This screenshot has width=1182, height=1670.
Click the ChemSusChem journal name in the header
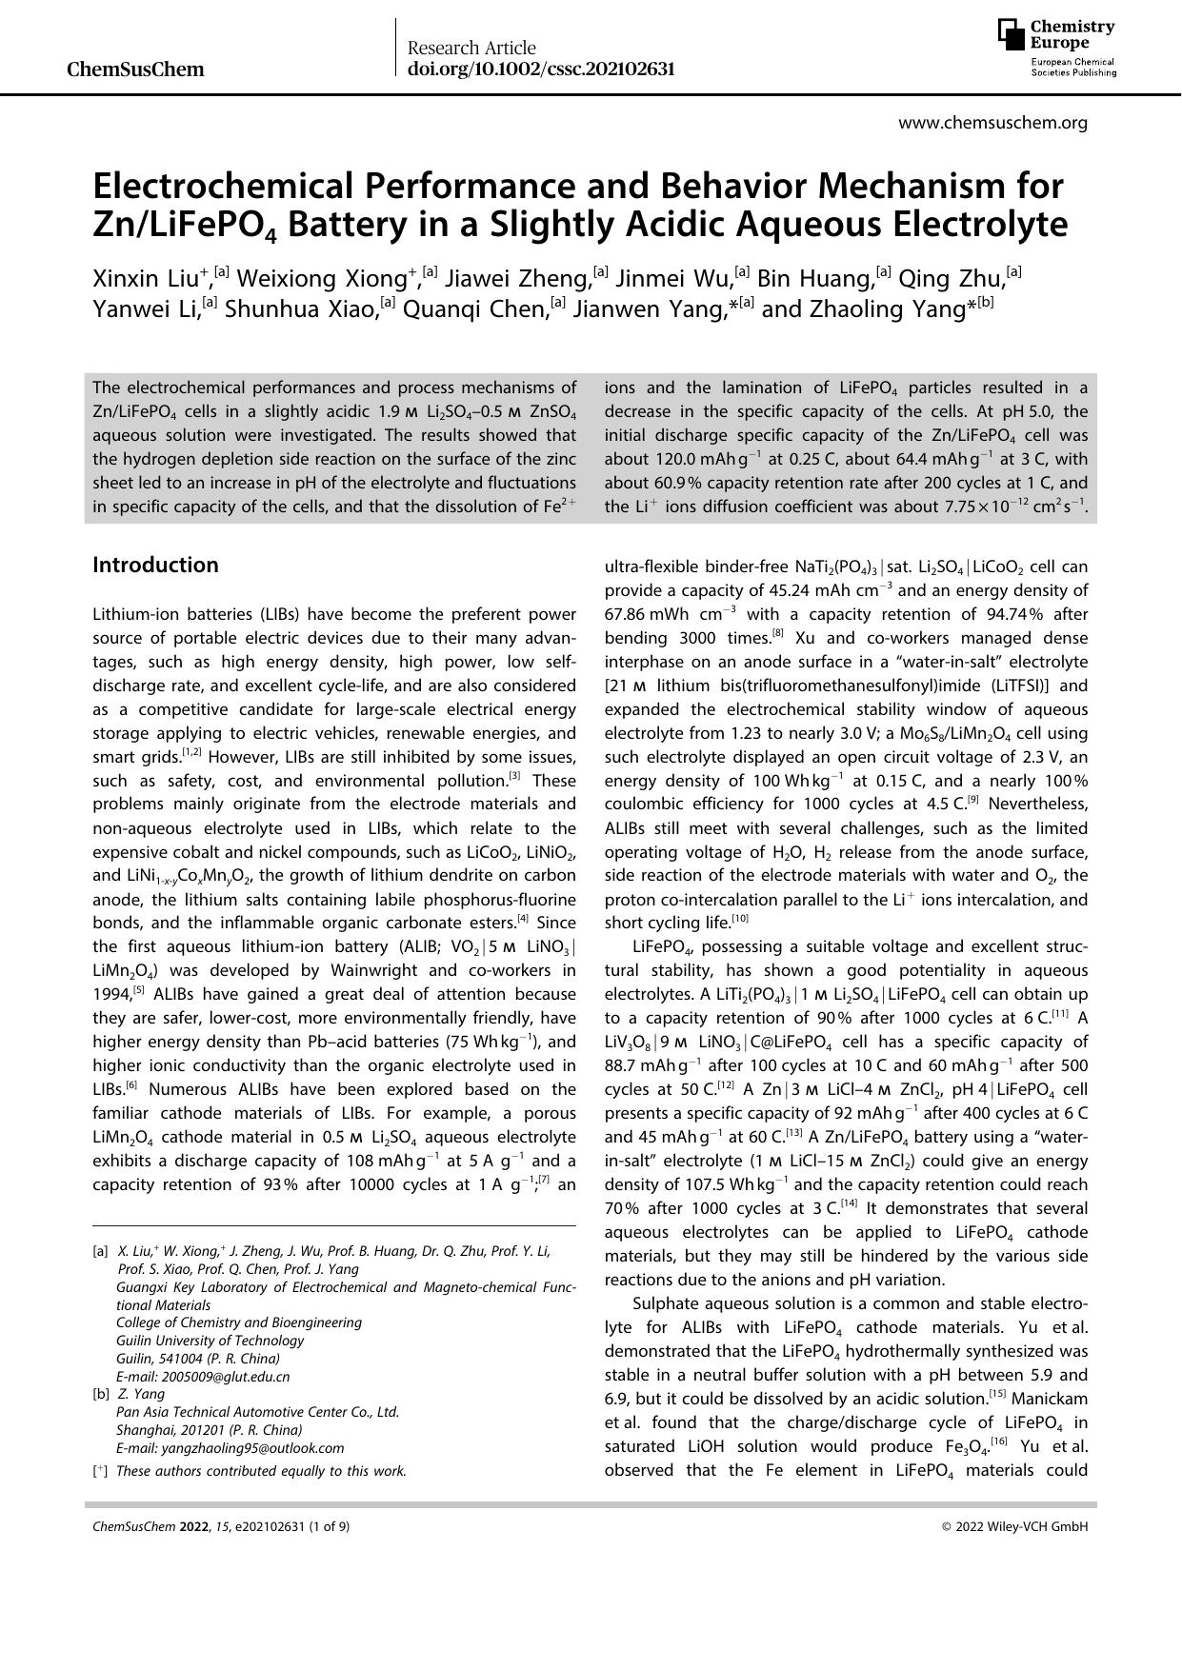point(136,70)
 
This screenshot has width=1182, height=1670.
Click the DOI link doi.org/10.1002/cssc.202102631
point(541,69)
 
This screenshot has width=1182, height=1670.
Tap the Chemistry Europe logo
point(1056,48)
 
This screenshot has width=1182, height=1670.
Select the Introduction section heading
point(155,565)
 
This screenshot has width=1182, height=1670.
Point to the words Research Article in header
point(471,48)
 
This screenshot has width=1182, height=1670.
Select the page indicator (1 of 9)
point(328,1526)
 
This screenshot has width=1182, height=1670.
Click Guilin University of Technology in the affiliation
point(210,1341)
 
